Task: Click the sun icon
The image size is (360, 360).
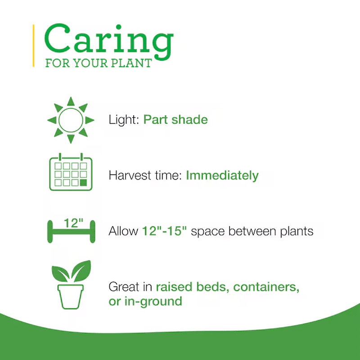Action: tap(71, 120)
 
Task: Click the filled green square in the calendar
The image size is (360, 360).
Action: tap(83, 183)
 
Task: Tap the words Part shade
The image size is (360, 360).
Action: tap(175, 120)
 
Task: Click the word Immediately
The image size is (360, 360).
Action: tap(222, 175)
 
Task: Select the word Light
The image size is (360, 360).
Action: tap(123, 120)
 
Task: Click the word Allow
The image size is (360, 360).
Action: tap(123, 231)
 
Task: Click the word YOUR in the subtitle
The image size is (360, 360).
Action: tap(89, 63)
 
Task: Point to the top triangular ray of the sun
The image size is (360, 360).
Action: tap(71, 101)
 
